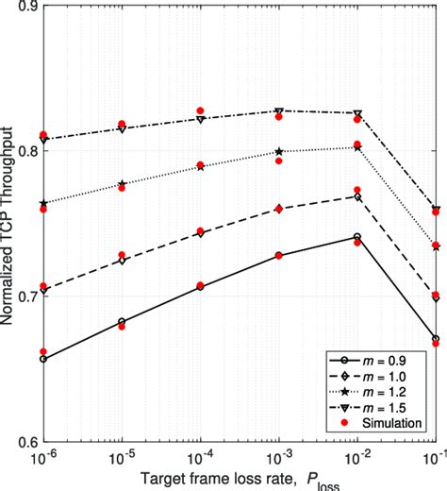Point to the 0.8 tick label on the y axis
[25, 152]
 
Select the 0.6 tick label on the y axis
[25, 441]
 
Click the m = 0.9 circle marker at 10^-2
[356, 237]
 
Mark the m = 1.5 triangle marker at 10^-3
[278, 111]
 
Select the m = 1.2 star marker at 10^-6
[43, 203]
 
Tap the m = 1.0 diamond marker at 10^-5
[122, 261]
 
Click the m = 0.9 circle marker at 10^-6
[43, 359]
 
